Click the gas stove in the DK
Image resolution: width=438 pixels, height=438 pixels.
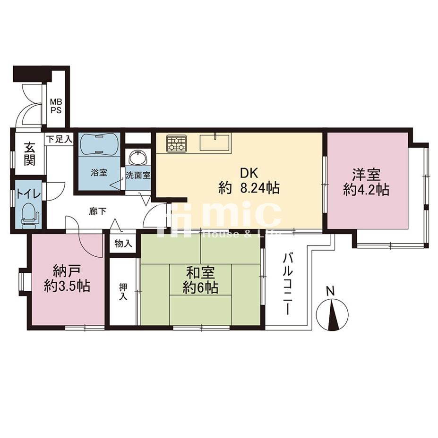coord(177,143)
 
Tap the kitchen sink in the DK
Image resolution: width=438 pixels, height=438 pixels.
coord(215,143)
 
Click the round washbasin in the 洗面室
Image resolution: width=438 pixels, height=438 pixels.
coord(138,159)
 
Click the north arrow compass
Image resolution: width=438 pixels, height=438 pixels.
coord(332,314)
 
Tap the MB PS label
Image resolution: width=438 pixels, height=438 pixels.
coord(56,106)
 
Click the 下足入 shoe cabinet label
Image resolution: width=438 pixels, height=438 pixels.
coord(59,139)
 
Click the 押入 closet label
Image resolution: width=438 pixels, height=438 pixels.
coord(123,292)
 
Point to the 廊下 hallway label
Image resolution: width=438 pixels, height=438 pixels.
coord(98,211)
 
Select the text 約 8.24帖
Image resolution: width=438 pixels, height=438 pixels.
coord(249,188)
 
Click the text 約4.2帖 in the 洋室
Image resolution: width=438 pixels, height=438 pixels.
coord(366,190)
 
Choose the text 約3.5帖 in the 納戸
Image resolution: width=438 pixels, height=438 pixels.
coord(67,286)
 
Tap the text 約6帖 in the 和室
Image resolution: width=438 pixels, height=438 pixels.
coord(200,287)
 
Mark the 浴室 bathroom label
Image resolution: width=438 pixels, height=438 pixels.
coord(99,172)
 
